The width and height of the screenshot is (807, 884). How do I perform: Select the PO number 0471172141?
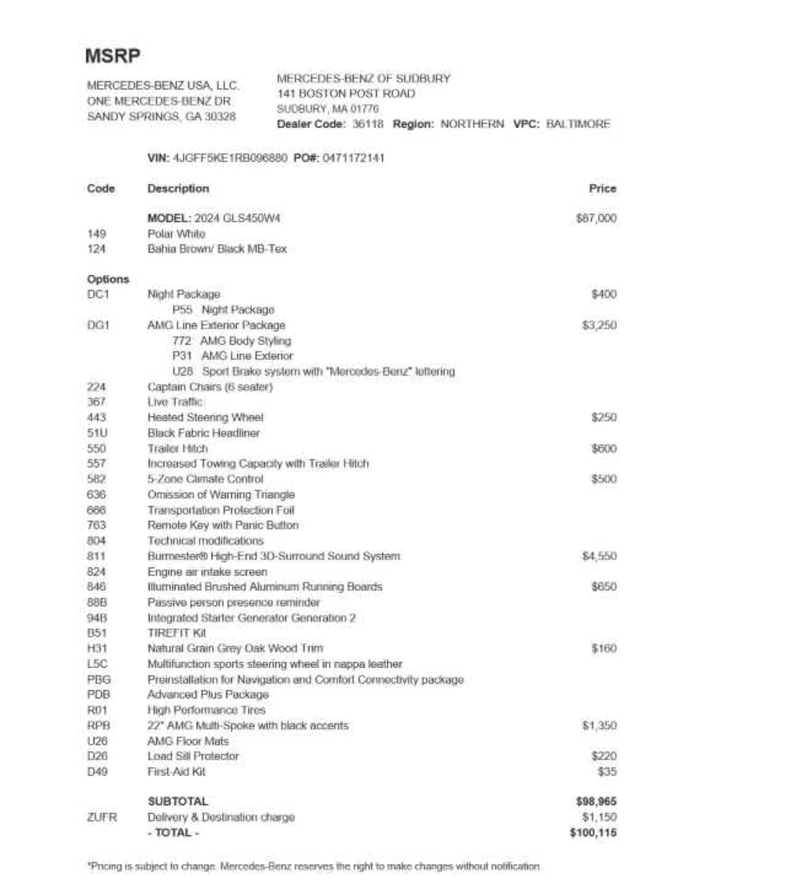(x=354, y=158)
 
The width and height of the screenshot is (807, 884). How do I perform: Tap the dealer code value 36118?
(x=367, y=124)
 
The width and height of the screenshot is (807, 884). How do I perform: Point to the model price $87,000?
(x=596, y=218)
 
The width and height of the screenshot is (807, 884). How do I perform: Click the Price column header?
(x=602, y=188)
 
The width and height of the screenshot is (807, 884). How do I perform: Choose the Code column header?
(x=101, y=188)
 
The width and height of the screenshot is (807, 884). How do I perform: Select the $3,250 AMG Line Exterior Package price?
(x=599, y=325)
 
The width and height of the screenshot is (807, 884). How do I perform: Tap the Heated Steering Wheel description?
(x=205, y=418)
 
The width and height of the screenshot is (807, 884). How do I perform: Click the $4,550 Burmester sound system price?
(x=599, y=556)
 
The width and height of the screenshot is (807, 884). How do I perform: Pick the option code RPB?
(x=99, y=726)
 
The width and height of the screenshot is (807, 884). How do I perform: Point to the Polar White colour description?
(x=176, y=234)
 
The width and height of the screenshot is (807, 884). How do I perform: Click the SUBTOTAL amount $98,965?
(x=597, y=801)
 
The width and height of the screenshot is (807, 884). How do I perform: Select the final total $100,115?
(x=593, y=833)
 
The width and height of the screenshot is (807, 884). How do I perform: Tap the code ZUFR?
(x=102, y=817)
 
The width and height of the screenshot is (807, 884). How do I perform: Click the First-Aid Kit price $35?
(x=607, y=772)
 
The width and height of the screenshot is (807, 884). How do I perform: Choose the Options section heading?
(x=108, y=279)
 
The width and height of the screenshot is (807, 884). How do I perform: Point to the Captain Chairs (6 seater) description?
(x=210, y=387)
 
